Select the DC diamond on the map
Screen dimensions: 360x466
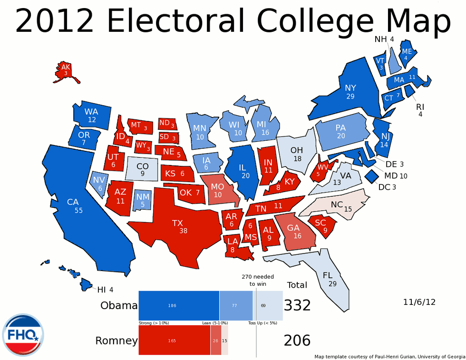[371, 176]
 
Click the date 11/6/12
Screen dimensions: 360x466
[419, 302]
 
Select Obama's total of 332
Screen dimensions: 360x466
[297, 305]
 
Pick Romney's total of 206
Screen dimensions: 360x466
[297, 341]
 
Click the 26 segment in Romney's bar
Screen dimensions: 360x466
[216, 341]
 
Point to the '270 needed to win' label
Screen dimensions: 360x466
[257, 280]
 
